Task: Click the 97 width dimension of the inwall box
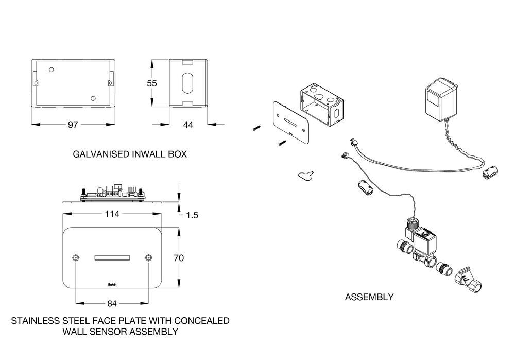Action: click(x=73, y=125)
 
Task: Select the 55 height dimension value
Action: click(x=152, y=83)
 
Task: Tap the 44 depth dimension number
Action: click(x=188, y=125)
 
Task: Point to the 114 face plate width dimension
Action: click(x=112, y=214)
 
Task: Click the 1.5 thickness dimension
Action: click(x=192, y=215)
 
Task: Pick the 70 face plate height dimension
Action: click(x=179, y=258)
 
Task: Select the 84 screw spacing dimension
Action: click(x=112, y=304)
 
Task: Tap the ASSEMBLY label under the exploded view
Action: click(x=369, y=297)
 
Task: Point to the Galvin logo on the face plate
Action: click(x=112, y=284)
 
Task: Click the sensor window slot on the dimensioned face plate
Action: click(x=112, y=258)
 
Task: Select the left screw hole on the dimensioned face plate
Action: click(x=76, y=257)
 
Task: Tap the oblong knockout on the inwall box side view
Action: click(x=187, y=83)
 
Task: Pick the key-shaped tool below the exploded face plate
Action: click(x=306, y=175)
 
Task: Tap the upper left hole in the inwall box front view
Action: click(x=51, y=70)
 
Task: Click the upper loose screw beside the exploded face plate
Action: click(x=256, y=128)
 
